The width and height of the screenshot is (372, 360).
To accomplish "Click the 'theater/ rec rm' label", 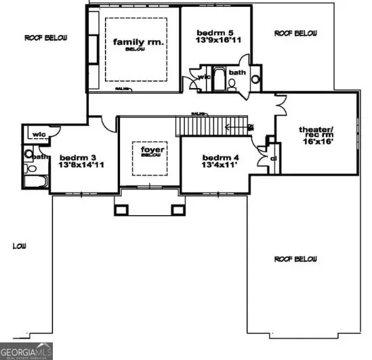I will tap(316, 134).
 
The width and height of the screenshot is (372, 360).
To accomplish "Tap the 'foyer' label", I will tap(150, 148).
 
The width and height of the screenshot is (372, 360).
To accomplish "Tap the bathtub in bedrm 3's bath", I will tap(32, 181).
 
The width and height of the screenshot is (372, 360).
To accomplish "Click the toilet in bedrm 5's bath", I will tap(230, 83).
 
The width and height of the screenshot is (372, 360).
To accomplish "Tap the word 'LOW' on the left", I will tap(19, 246).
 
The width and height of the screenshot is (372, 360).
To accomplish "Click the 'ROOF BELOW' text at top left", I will tap(46, 38).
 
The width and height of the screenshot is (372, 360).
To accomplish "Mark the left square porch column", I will tap(122, 209).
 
